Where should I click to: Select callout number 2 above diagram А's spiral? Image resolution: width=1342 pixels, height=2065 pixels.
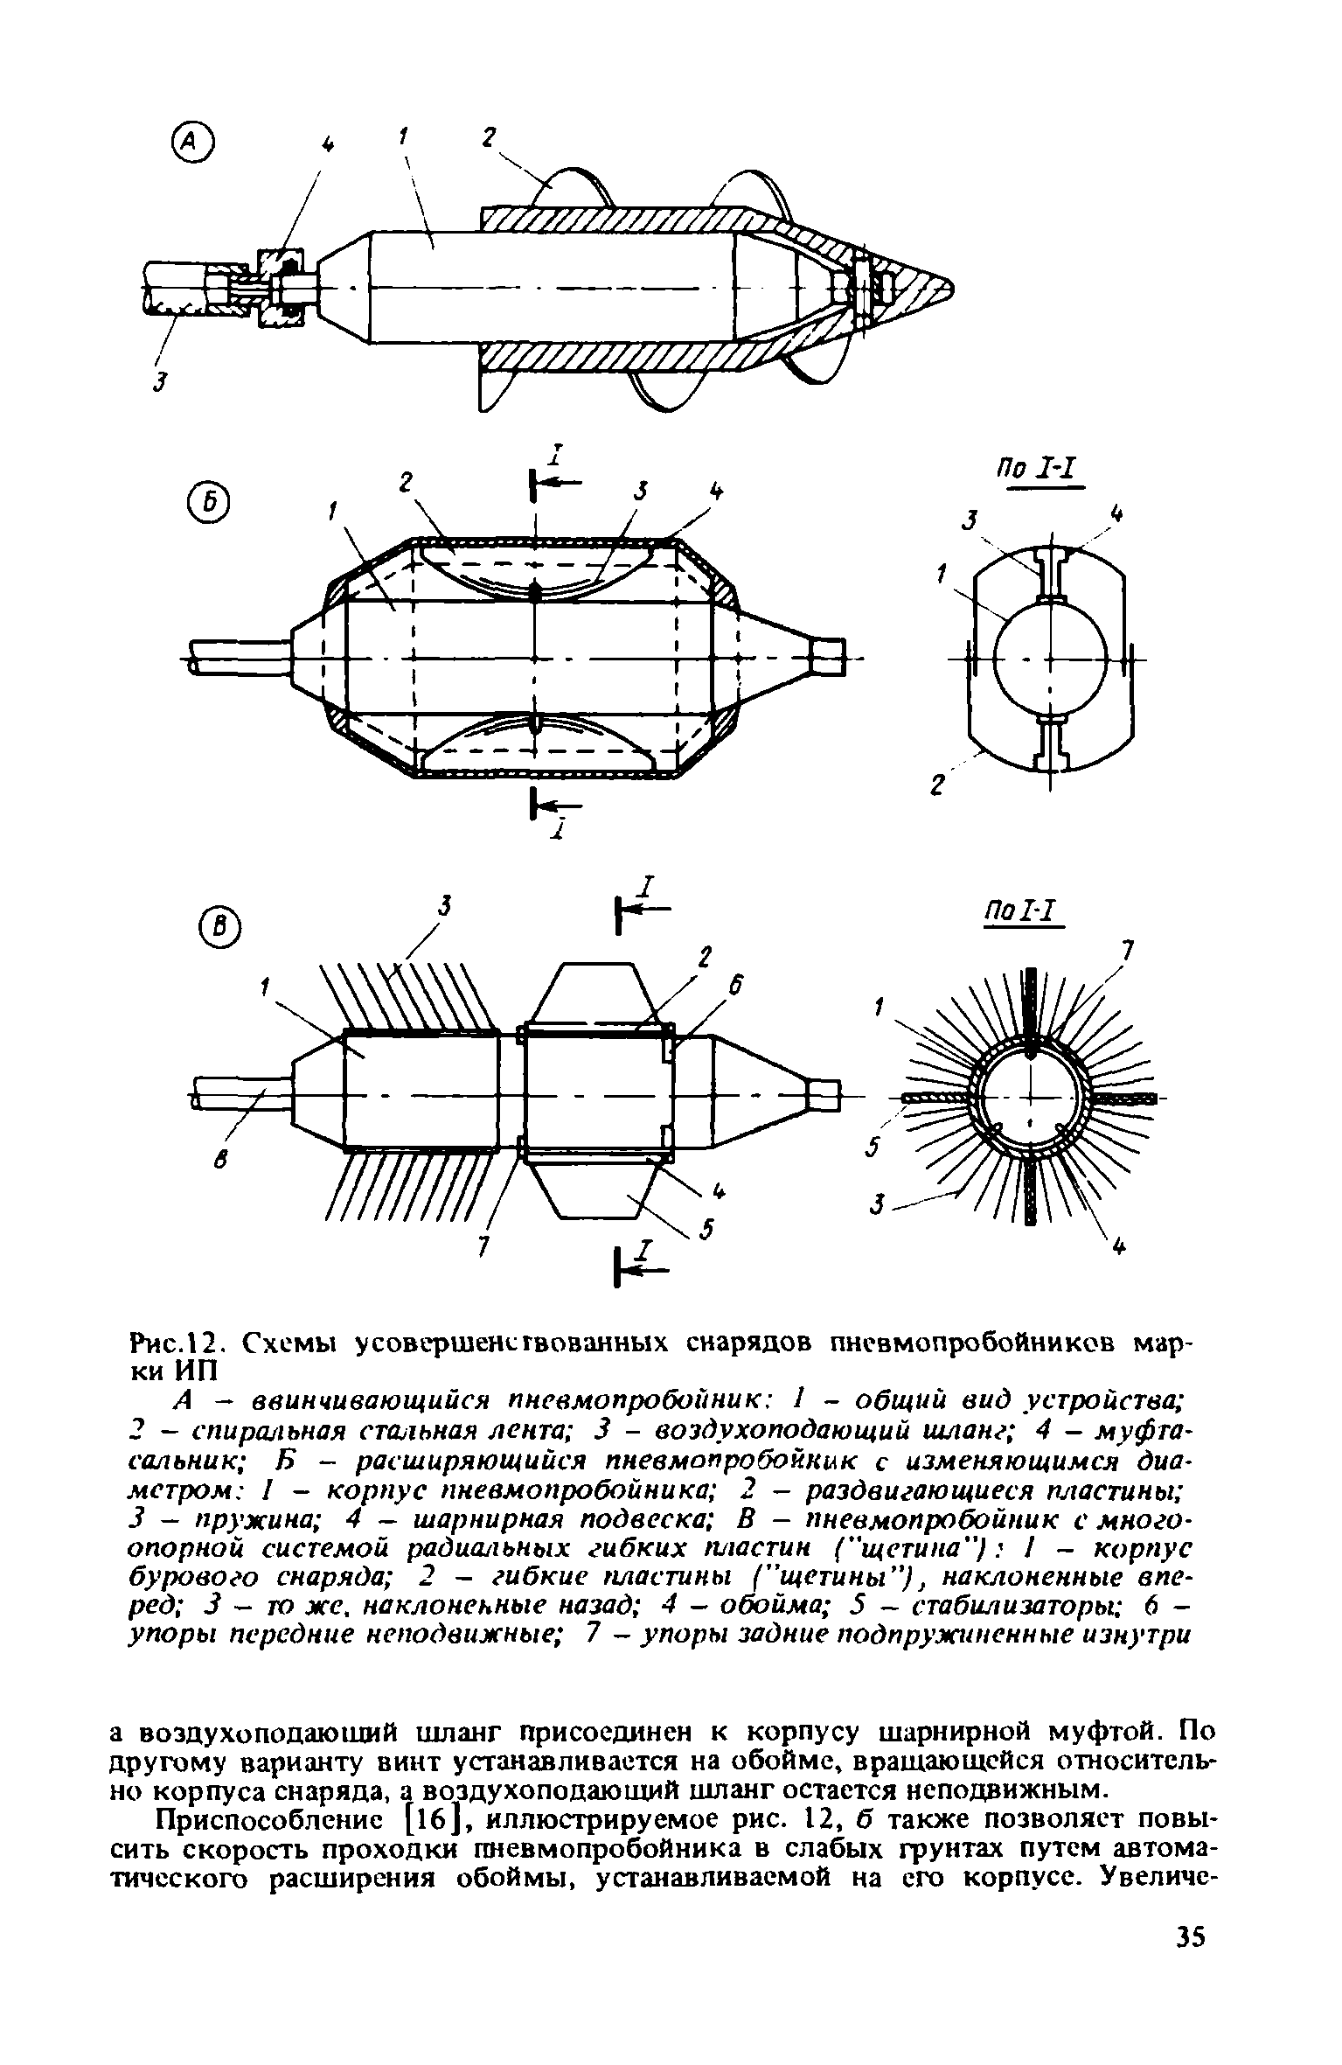(488, 139)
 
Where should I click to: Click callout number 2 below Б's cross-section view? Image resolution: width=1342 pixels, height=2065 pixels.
(939, 788)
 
